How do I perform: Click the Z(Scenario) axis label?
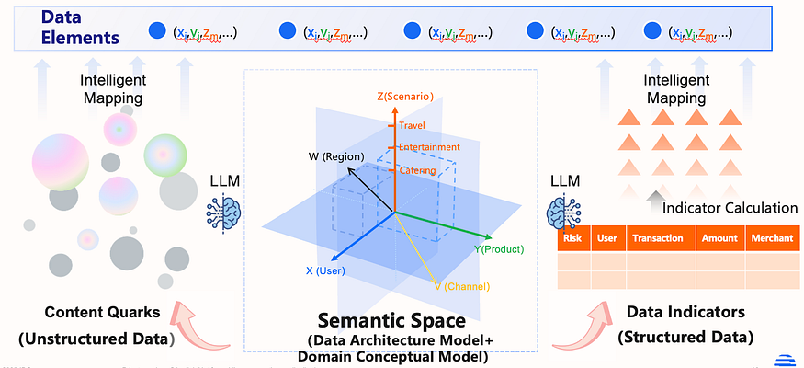pyautogui.click(x=405, y=96)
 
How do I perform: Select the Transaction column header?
pyautogui.click(x=657, y=239)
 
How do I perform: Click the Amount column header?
pyautogui.click(x=719, y=239)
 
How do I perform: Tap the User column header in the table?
pyautogui.click(x=606, y=239)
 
